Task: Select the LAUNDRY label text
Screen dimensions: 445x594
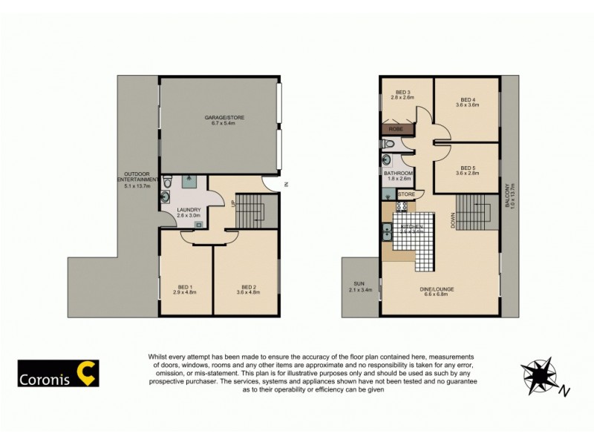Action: pos(188,210)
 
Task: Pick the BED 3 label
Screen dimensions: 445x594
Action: pos(403,93)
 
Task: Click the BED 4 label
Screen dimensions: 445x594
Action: pos(467,100)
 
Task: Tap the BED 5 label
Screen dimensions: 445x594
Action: pos(467,168)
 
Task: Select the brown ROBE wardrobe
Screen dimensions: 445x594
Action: pos(396,129)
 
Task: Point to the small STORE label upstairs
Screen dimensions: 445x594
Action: pos(406,194)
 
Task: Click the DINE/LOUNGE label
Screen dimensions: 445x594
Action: pos(439,289)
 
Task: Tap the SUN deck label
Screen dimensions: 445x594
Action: pos(360,285)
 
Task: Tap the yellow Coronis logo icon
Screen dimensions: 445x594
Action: pos(88,374)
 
